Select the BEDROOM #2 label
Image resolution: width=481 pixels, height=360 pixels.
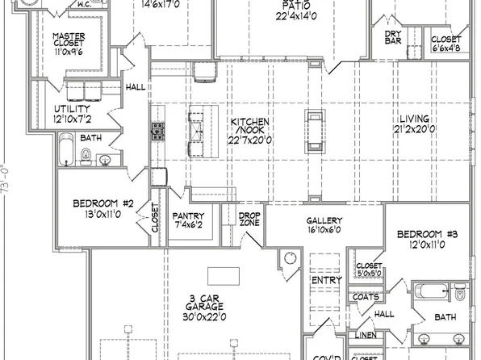tap(102, 203)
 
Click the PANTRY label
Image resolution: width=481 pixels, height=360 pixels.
tap(192, 216)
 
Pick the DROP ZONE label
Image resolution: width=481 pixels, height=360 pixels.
tap(249, 219)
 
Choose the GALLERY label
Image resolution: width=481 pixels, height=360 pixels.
tap(324, 220)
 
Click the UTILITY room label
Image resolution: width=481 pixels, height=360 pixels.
tap(71, 109)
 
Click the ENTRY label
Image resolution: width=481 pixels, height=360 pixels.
tap(322, 279)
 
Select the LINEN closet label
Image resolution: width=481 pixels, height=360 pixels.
tap(365, 334)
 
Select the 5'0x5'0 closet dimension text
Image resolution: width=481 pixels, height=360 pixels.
tap(369, 273)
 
